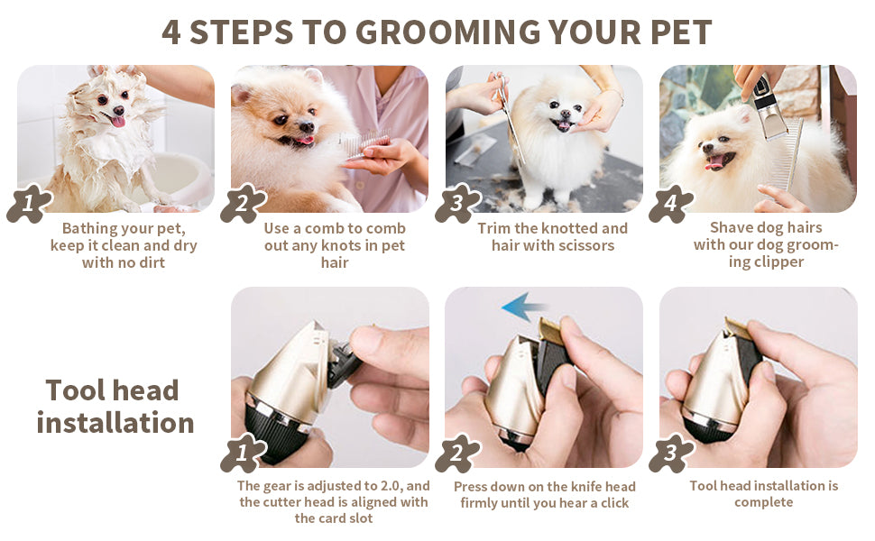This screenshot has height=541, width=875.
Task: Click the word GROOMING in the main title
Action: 448,32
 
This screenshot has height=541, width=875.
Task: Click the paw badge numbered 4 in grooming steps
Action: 671,204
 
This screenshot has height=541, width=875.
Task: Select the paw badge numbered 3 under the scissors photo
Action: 457,204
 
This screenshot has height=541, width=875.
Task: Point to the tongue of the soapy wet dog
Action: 118,121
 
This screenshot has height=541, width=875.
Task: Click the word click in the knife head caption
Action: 615,503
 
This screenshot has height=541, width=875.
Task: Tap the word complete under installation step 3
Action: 763,502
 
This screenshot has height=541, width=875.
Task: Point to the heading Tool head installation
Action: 115,406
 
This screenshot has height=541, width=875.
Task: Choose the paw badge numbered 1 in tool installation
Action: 243,453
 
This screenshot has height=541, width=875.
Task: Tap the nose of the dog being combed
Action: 307,127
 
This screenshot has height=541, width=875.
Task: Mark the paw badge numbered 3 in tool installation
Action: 671,453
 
